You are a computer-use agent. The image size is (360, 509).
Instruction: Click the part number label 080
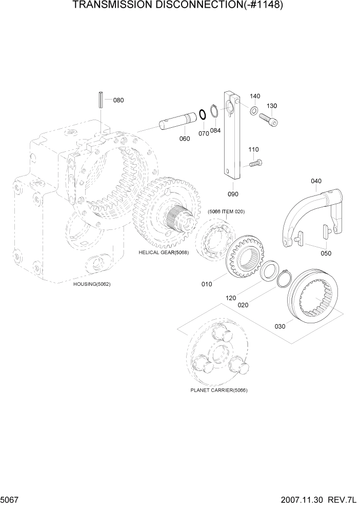point(118,100)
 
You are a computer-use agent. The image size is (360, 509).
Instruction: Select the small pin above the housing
point(101,100)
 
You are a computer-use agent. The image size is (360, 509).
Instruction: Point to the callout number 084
point(215,130)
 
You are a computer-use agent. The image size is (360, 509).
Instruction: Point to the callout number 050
point(326,253)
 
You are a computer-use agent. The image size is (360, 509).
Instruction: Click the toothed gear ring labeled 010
point(246,257)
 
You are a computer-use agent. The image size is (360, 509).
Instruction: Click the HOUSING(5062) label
point(92,284)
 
